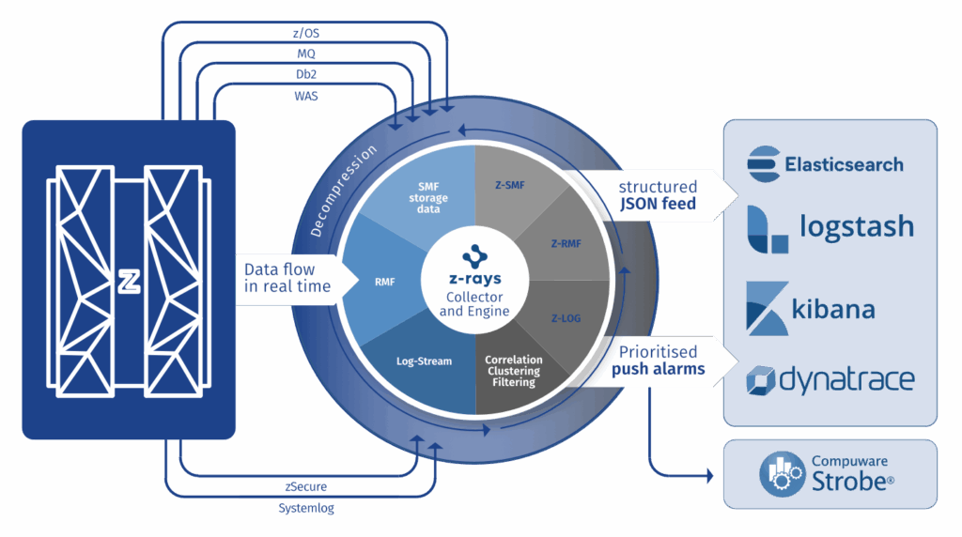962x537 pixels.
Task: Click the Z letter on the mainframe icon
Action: click(x=129, y=279)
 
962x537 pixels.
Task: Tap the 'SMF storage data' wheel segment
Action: click(x=428, y=192)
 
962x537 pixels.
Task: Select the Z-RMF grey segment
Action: click(x=565, y=243)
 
